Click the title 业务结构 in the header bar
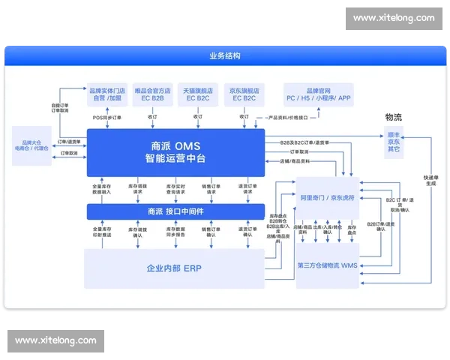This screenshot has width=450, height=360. coord(225,55)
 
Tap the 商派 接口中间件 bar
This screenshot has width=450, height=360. coord(175,211)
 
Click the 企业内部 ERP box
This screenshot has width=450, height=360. coord(174,268)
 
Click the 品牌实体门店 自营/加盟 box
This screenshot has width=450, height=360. coord(106,93)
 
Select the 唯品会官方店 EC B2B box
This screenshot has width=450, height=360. coord(152,93)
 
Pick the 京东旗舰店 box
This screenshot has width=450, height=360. coord(246,93)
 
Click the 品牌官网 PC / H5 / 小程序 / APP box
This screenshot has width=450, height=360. coord(318,93)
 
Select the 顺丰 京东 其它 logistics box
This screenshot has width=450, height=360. coord(393,140)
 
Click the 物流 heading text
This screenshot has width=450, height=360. coord(393,117)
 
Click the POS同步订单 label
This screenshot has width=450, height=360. coord(107,117)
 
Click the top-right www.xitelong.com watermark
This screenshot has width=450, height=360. coord(394,18)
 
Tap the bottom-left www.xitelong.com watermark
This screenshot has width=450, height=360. coord(56,340)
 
